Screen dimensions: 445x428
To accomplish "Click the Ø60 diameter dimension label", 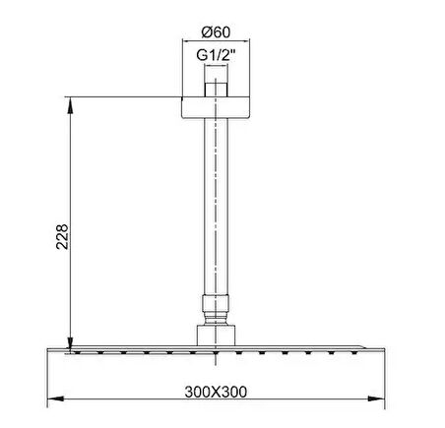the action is click(x=216, y=32).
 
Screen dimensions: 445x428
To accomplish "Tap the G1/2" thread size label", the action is click(x=216, y=55).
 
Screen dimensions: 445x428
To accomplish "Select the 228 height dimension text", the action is click(x=62, y=237).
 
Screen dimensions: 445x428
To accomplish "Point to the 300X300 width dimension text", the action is click(x=216, y=392).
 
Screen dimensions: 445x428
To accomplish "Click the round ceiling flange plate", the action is click(x=216, y=107).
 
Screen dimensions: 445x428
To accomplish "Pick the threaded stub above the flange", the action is click(x=216, y=90).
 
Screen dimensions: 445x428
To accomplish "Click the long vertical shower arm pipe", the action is click(x=216, y=207).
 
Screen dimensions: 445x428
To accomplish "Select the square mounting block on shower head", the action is click(x=216, y=336).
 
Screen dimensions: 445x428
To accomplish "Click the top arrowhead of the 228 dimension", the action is click(x=70, y=105).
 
